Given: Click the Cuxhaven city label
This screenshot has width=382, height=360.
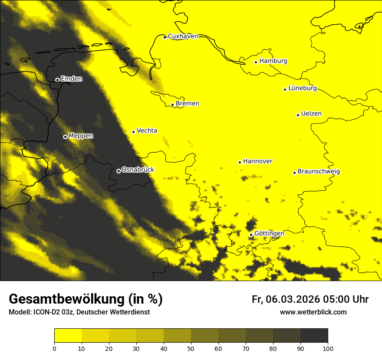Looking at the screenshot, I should click(x=183, y=36).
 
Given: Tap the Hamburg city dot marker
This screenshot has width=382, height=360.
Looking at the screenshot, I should click(x=256, y=62).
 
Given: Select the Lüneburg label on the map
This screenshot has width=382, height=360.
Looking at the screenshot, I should click(x=303, y=88).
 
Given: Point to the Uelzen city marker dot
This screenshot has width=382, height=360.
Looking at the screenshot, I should click(x=298, y=115).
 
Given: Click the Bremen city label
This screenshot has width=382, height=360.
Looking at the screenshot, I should click(x=188, y=104).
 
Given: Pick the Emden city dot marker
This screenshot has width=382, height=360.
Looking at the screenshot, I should click(x=57, y=80).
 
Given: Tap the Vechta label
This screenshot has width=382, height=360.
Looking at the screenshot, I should click(x=147, y=131).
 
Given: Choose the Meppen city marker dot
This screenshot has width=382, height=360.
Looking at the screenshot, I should click(x=65, y=137).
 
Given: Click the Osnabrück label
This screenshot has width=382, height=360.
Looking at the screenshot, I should click(x=138, y=170).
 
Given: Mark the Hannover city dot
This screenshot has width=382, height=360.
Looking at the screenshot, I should click(x=240, y=162).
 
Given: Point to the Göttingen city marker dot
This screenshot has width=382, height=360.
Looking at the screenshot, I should click(x=251, y=235).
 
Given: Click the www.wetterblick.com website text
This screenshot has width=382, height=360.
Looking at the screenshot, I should click(x=313, y=312).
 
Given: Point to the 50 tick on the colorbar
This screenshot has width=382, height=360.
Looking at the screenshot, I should click(x=191, y=348).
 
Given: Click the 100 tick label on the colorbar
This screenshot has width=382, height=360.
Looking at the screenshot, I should click(x=328, y=348).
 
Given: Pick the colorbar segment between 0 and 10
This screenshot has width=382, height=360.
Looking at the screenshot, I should click(x=68, y=336).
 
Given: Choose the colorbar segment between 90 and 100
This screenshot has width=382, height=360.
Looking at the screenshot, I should click(x=314, y=336).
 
